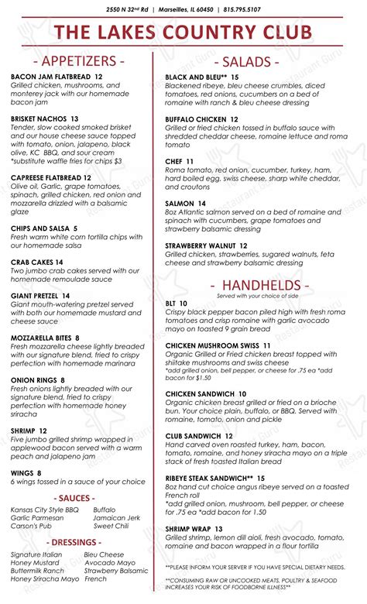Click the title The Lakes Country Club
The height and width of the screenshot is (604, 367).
(183, 32)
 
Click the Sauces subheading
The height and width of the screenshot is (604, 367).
(76, 498)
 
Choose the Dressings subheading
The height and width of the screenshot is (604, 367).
(76, 542)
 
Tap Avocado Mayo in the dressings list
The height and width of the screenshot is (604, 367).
(110, 562)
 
